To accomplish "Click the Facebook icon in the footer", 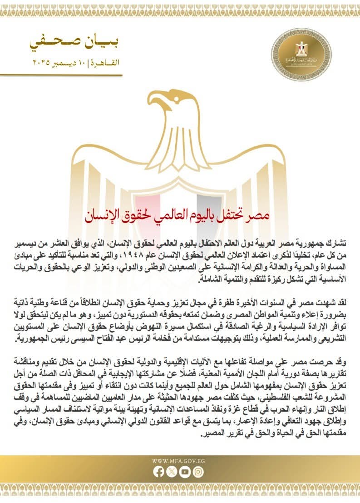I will pos(159,472).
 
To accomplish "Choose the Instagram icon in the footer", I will pos(198,472).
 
